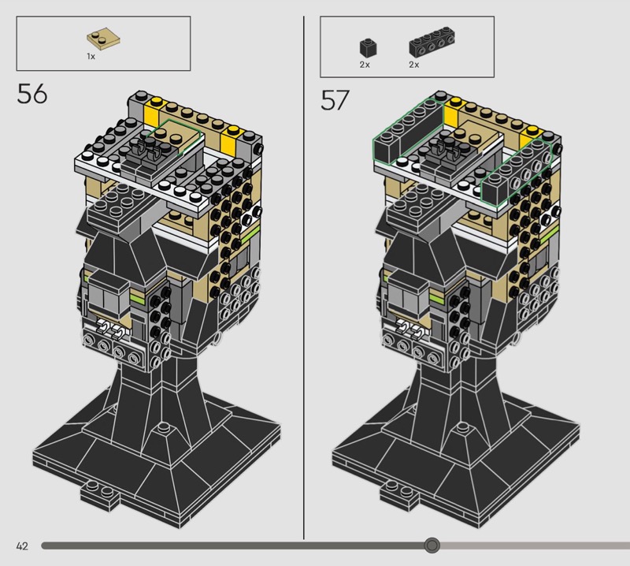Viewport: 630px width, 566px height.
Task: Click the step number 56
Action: coord(32,94)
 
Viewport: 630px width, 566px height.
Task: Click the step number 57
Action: coord(335,100)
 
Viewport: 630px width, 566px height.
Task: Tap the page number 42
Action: coord(22,546)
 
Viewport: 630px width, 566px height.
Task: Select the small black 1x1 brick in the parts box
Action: coord(368,47)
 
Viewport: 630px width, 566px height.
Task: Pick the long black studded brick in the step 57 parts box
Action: coord(432,42)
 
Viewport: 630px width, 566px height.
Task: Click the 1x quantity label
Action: coord(91,57)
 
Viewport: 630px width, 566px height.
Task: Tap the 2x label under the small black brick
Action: coord(365,65)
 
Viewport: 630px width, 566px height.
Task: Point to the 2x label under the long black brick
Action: coord(414,65)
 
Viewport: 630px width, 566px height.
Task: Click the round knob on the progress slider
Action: coord(432,545)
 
